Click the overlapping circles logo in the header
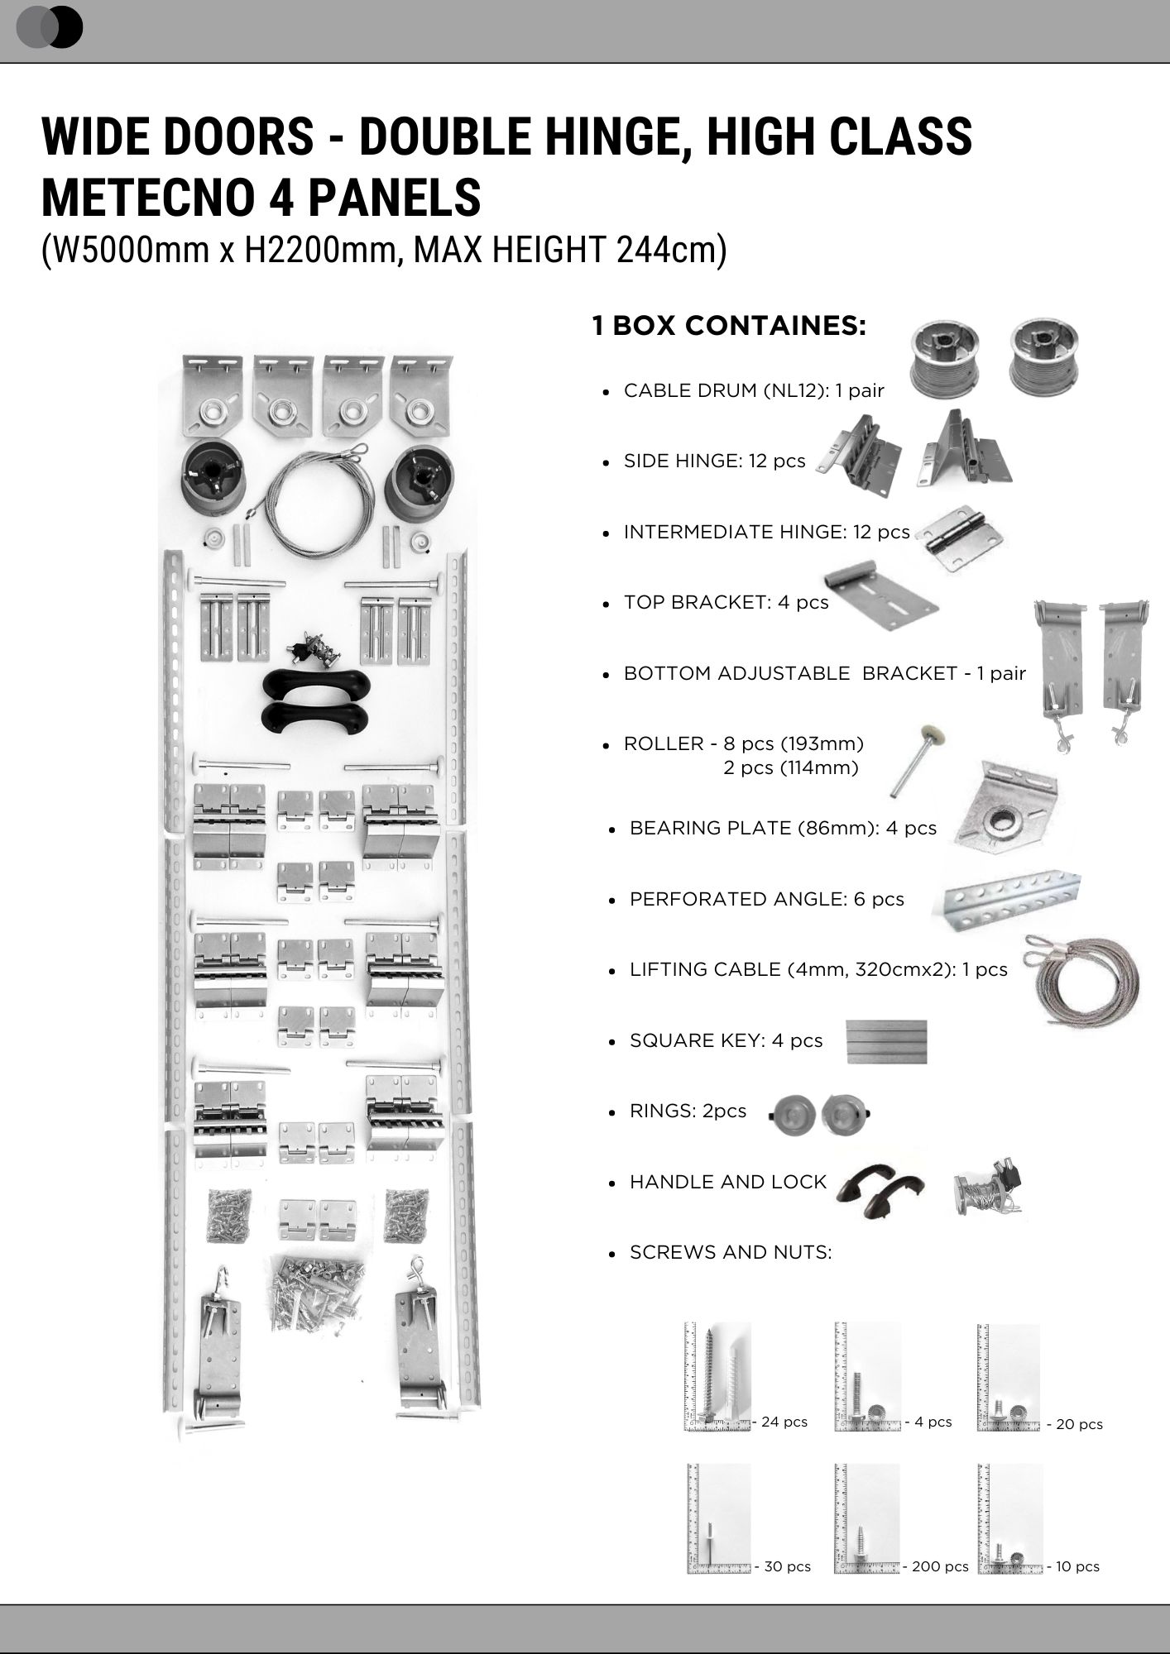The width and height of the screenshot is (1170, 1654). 50,27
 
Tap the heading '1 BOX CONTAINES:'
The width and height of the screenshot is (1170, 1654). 729,326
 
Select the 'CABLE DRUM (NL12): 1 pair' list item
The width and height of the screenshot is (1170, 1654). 754,390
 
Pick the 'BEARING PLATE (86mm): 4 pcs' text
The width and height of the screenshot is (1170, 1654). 783,828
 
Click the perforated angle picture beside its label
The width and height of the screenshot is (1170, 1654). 1011,902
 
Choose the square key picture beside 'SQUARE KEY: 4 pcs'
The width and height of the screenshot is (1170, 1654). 886,1041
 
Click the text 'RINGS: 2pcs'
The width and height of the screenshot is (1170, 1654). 688,1111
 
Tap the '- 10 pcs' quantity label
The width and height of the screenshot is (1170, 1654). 1073,1566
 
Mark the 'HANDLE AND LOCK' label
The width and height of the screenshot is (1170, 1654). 728,1182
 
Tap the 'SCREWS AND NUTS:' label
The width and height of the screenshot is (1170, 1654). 731,1252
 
